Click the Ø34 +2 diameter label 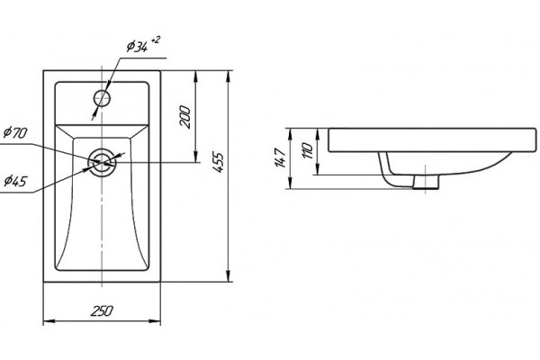coord(143,45)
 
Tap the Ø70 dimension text coord(15,132)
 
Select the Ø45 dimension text coord(15,181)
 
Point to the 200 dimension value coord(185,117)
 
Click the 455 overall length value coord(218,162)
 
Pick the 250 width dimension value coord(102,310)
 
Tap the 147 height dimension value coord(281,157)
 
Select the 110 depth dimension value coord(308,150)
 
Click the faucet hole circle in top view coord(102,98)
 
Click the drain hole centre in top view coord(102,162)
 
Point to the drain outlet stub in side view coord(426,182)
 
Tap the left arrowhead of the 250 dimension coord(49,321)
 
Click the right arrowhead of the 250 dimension coord(155,321)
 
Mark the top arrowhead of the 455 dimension coord(228,76)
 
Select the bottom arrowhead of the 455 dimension coord(228,275)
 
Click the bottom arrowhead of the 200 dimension coord(195,156)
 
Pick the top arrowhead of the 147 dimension coord(291,134)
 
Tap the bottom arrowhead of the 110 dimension coord(319,169)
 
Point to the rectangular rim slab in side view coord(432,140)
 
